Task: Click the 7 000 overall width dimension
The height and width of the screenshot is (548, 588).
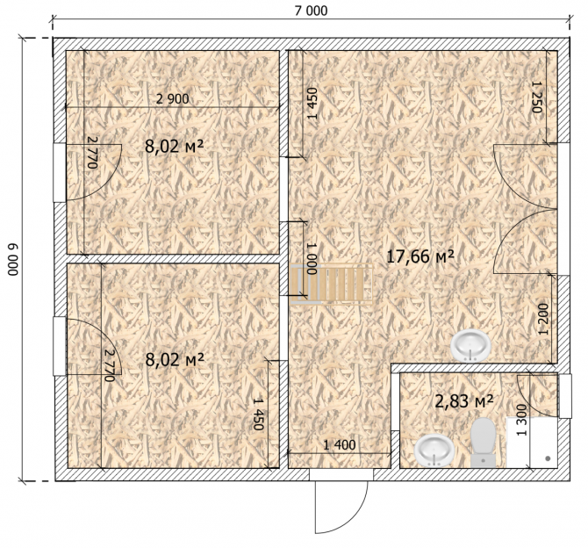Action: [311, 11]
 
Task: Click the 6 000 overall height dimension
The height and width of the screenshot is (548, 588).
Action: [13, 260]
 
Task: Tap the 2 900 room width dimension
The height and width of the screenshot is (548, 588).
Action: [173, 99]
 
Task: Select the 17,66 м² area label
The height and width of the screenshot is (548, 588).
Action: [420, 256]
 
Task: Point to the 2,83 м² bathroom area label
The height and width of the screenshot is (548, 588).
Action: [464, 401]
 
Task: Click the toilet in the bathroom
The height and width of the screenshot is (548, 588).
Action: [483, 443]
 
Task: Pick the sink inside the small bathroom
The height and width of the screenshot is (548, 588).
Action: [434, 451]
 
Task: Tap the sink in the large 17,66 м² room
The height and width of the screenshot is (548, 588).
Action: [470, 345]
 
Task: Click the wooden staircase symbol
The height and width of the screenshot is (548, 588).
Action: [332, 284]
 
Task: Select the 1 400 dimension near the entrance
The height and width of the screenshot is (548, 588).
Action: [340, 445]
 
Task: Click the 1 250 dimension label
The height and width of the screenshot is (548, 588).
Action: [537, 97]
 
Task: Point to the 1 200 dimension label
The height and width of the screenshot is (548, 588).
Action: [544, 319]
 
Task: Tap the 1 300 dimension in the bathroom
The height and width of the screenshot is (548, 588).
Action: [521, 420]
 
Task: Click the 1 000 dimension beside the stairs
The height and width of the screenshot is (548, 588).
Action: [312, 258]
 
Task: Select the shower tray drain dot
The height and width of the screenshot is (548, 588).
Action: [548, 458]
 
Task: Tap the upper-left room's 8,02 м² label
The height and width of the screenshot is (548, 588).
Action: [175, 146]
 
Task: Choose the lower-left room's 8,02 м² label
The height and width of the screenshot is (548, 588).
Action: [175, 360]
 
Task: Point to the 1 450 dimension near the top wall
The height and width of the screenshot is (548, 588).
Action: [312, 104]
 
